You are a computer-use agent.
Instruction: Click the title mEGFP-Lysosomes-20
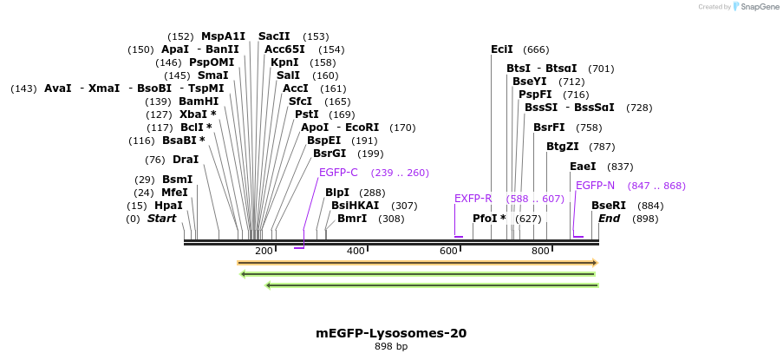click(x=391, y=333)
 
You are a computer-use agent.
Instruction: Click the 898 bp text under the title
click(x=391, y=347)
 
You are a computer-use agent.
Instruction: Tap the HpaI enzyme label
click(x=168, y=206)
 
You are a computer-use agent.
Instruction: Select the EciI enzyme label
click(x=502, y=49)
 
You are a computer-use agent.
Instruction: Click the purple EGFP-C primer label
click(x=338, y=173)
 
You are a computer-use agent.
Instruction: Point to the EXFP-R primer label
click(x=473, y=199)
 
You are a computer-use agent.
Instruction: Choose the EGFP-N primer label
click(x=595, y=186)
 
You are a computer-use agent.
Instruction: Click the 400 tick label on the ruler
click(x=356, y=251)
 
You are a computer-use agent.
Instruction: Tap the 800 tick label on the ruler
click(x=540, y=251)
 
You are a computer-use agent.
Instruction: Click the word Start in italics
click(x=161, y=219)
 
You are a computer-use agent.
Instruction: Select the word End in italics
click(x=609, y=219)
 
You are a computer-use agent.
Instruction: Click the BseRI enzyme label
click(x=609, y=206)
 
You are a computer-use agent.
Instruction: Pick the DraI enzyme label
click(x=186, y=160)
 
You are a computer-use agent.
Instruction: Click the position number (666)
click(x=536, y=50)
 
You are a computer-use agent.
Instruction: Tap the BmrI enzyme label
click(x=352, y=219)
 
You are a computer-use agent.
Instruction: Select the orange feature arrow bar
click(x=417, y=262)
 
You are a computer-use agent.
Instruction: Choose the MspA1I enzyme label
click(x=224, y=36)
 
